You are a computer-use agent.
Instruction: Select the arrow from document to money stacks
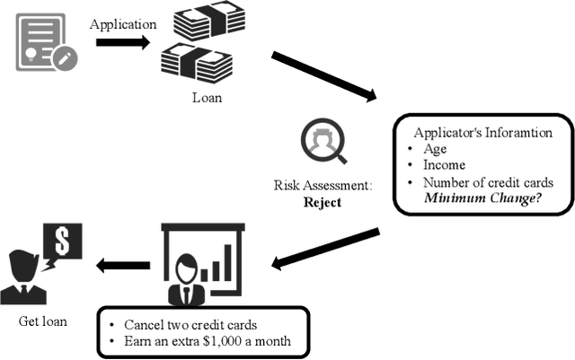[x=122, y=42]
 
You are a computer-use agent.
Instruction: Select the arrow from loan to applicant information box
[x=323, y=77]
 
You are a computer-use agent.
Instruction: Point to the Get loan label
[x=41, y=320]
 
